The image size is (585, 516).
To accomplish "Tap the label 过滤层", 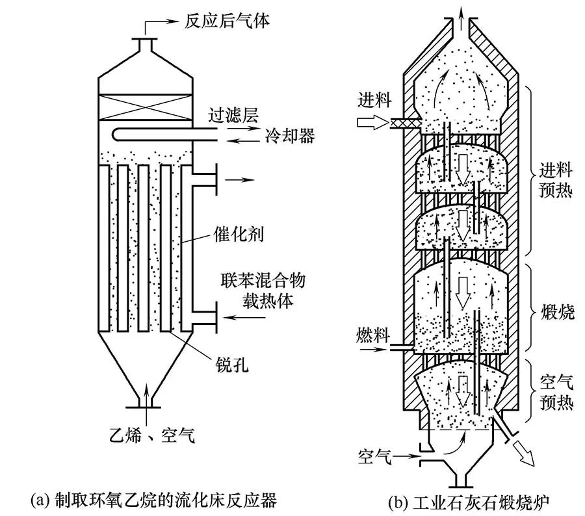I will tap(231, 116).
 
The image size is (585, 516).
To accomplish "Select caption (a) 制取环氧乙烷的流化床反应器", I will tap(153, 500).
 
